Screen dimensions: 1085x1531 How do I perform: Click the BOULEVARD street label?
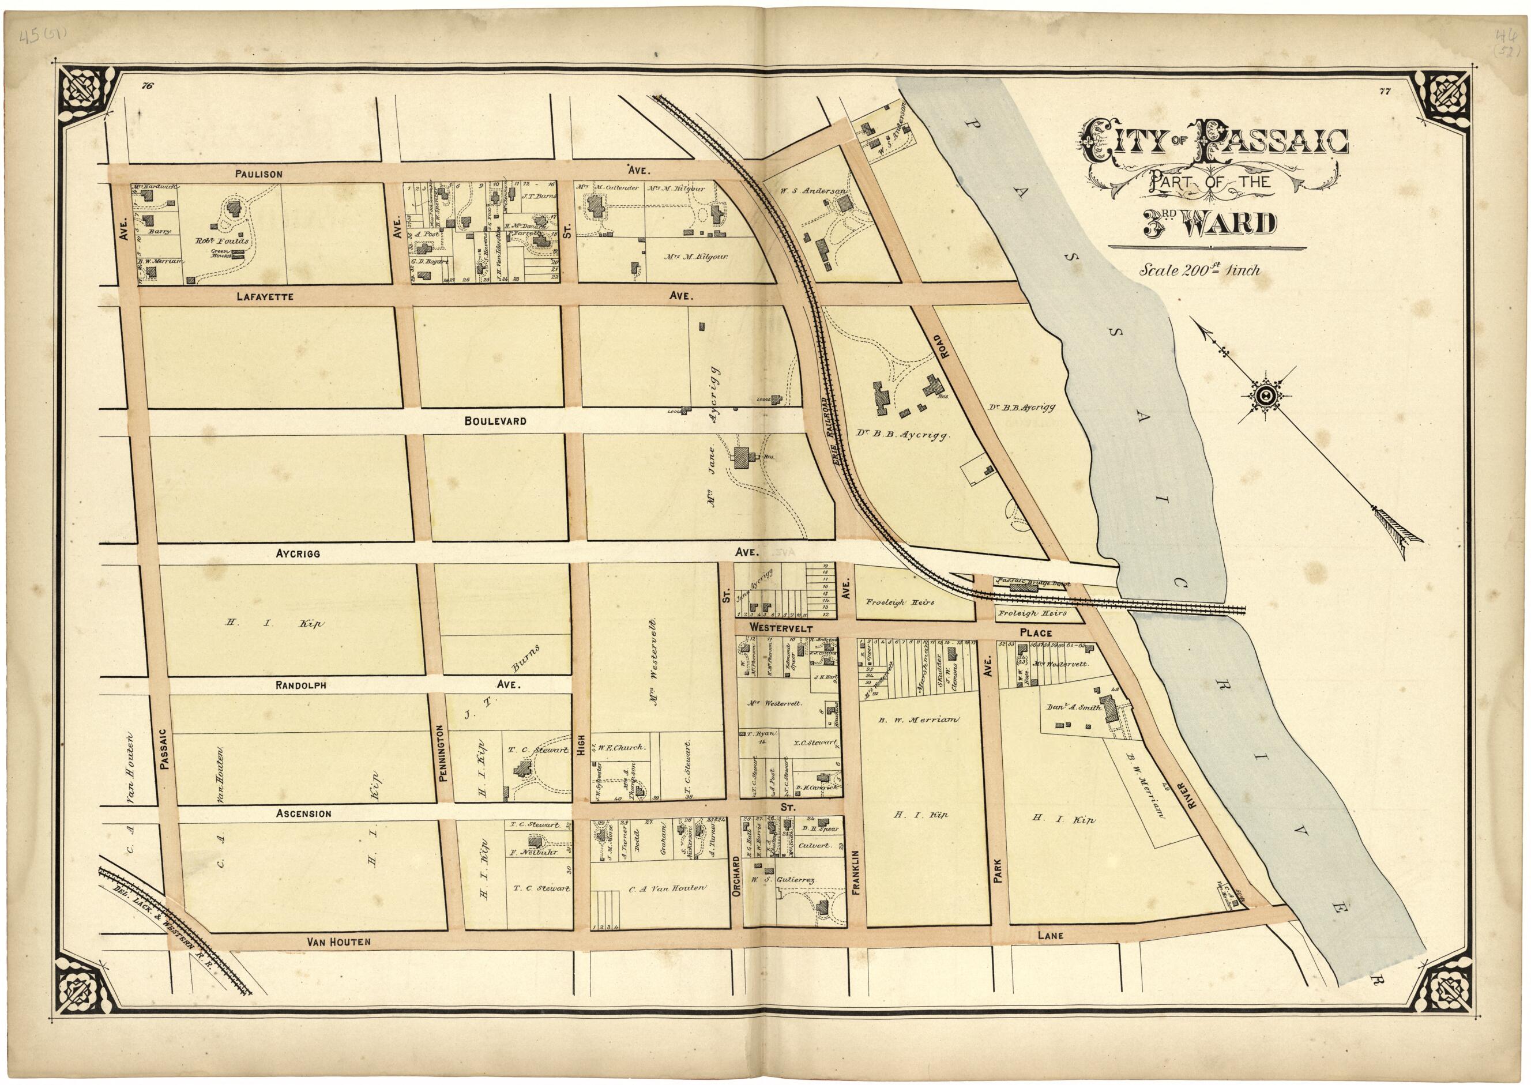coord(495,421)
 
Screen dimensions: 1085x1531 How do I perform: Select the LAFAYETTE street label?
coord(265,295)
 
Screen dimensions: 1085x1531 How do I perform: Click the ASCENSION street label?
coord(303,813)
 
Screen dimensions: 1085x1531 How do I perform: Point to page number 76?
coord(148,85)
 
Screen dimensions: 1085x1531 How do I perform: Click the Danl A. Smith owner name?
coord(1071,707)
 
